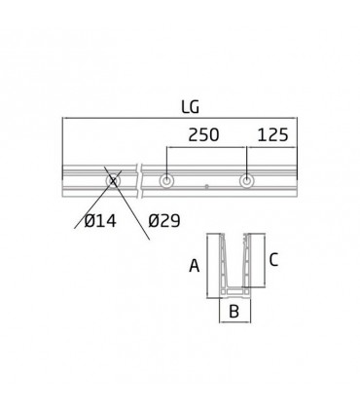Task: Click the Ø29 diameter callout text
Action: [165, 221]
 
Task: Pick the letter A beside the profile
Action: [195, 264]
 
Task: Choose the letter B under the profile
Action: [234, 312]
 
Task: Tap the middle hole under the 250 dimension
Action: [168, 181]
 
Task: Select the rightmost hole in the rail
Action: [248, 181]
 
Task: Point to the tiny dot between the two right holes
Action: [207, 185]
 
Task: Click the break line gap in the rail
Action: [139, 181]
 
